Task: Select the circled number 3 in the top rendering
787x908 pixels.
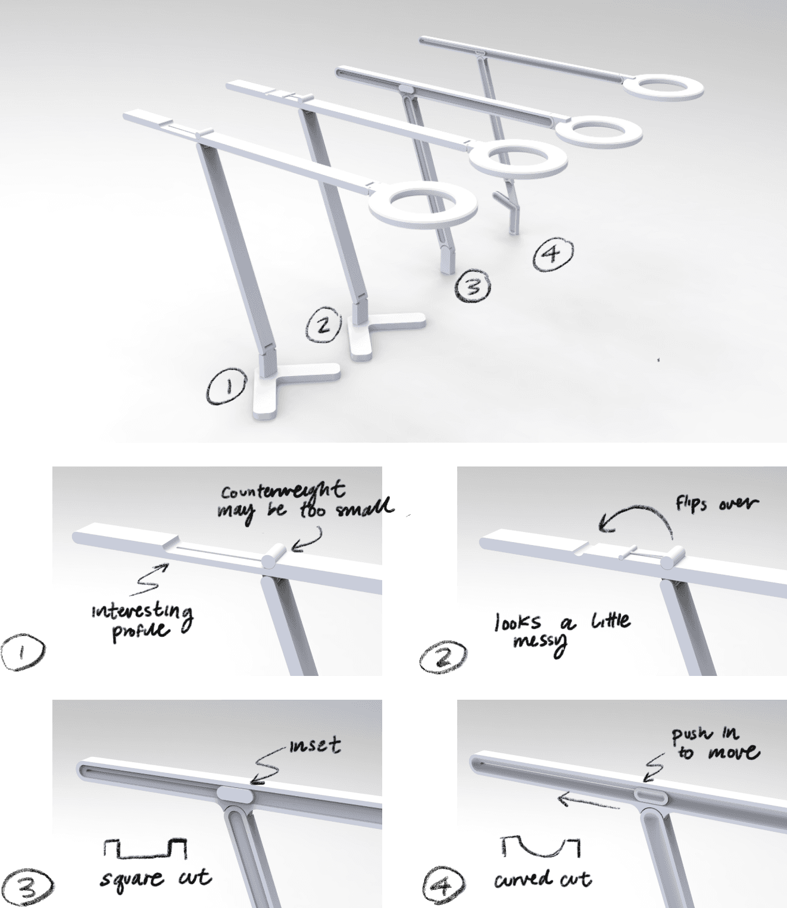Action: tap(472, 286)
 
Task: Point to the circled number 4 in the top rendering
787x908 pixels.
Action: tap(553, 254)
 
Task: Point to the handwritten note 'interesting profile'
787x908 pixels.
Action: tap(143, 621)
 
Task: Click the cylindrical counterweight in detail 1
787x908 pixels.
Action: tap(274, 556)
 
